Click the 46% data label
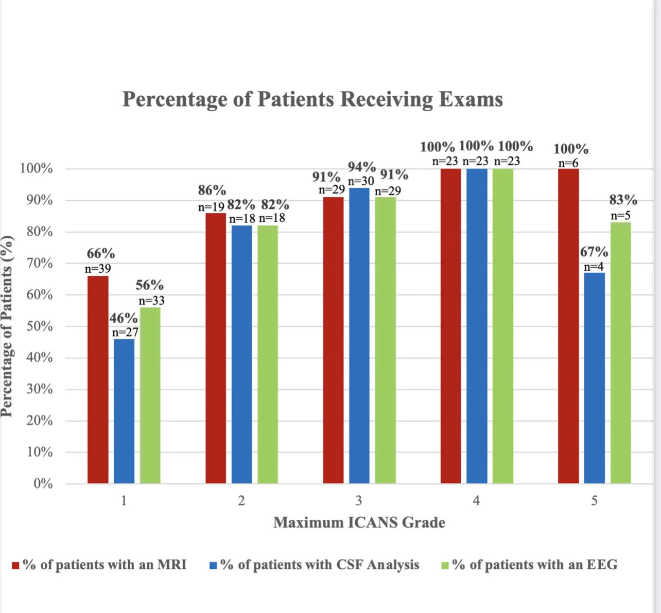coord(123,318)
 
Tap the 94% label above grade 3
coord(361,167)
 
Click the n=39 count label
coord(98,268)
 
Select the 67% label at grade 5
coord(594,252)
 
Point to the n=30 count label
coord(361,181)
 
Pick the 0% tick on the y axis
coord(43,484)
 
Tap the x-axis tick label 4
coord(476,501)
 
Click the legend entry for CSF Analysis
coord(319,565)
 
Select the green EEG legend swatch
coord(445,566)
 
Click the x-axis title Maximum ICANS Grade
coord(359,522)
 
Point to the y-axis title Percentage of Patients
coord(7,326)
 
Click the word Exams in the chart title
coord(471,99)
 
